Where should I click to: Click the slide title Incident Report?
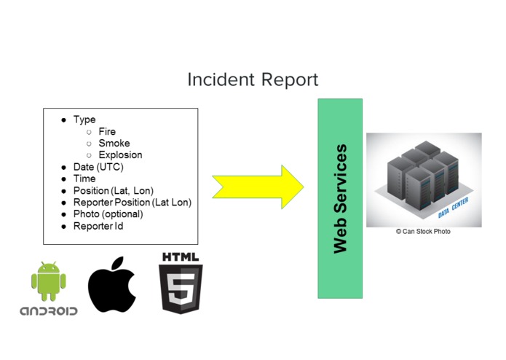(x=253, y=79)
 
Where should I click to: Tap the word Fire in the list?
(x=107, y=132)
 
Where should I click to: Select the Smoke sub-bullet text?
(x=114, y=144)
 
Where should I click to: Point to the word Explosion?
(x=120, y=155)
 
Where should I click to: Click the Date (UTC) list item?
(x=98, y=167)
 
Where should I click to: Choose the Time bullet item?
(x=84, y=179)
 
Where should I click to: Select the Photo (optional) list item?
(x=108, y=214)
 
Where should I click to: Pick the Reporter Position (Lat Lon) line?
(x=132, y=203)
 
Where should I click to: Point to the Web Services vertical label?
(x=340, y=198)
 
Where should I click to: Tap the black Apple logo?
(x=111, y=285)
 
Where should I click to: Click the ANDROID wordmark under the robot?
(x=48, y=311)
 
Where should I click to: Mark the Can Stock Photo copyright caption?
(x=423, y=232)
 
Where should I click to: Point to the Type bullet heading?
(x=84, y=120)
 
